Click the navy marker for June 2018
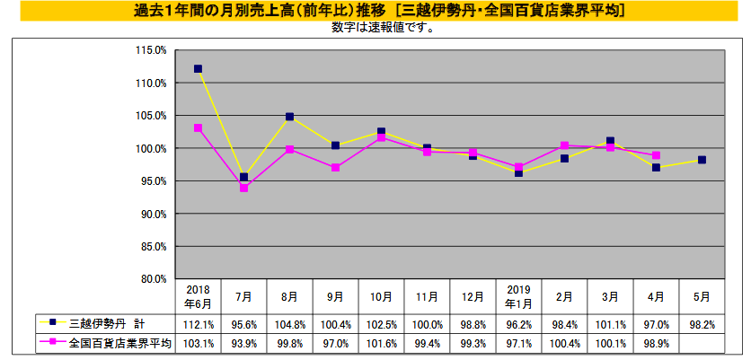[x=198, y=69]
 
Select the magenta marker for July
[x=243, y=188]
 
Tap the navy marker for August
[x=289, y=117]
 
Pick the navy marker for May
[x=702, y=160]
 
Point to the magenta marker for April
[x=656, y=155]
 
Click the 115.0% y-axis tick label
[x=153, y=50]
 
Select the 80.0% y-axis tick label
[x=153, y=278]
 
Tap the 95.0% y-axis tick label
[x=153, y=181]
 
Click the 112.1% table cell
[x=198, y=321]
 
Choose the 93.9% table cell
[x=243, y=343]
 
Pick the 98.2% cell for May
[x=702, y=321]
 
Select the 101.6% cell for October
[x=381, y=343]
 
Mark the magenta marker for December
[x=473, y=153]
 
